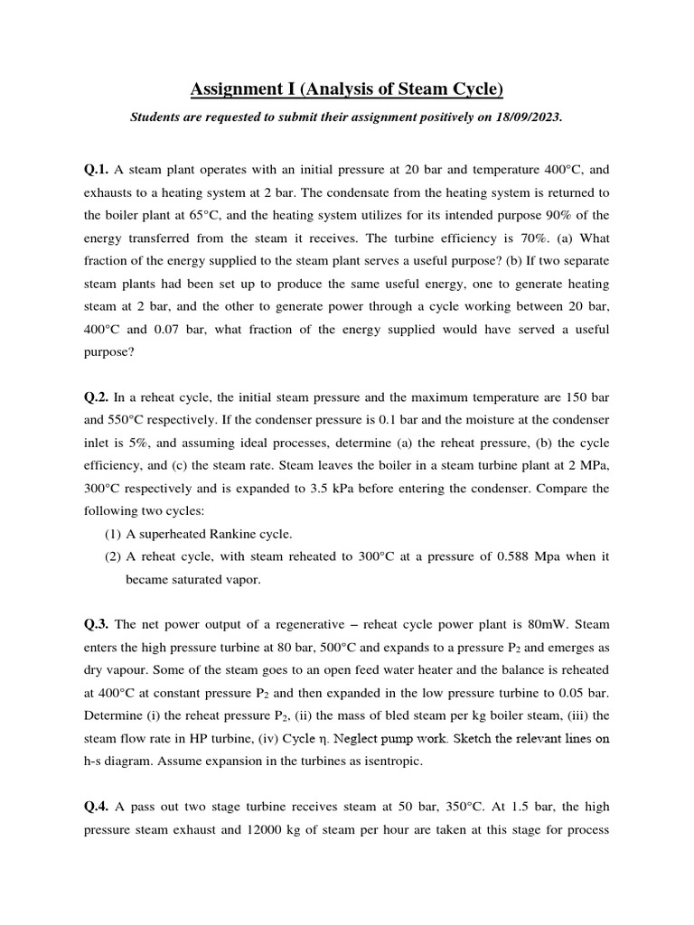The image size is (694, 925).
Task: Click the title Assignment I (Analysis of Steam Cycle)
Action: click(346, 89)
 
